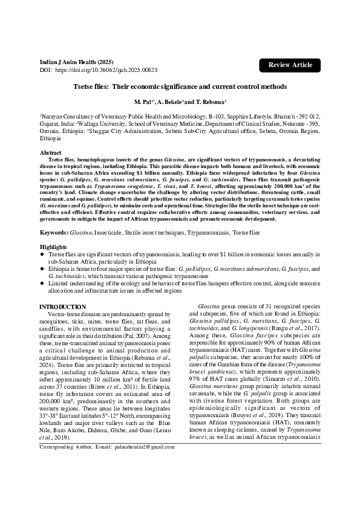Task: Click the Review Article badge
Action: click(290, 65)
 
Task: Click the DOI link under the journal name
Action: click(105, 71)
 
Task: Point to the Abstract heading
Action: click(50, 153)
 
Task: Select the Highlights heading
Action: click(53, 247)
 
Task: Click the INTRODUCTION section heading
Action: click(62, 307)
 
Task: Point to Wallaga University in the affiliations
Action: click(110, 122)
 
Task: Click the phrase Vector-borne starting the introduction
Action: click(66, 314)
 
